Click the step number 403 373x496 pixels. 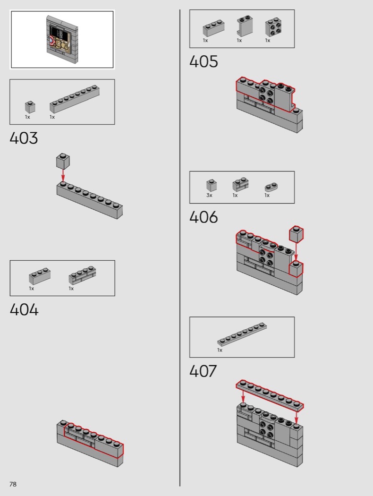coord(24,138)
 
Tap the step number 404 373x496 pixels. coord(24,310)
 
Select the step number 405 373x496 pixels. coord(203,61)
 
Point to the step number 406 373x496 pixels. coord(203,217)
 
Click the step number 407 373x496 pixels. coord(203,371)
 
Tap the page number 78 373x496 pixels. coord(13,484)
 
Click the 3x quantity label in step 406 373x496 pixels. coord(209,195)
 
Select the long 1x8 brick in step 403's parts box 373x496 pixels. coord(75,98)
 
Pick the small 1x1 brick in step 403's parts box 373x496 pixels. coord(30,107)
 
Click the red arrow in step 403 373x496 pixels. coord(63,175)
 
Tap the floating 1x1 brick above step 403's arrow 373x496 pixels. coord(63,161)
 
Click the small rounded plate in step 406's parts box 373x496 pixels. coord(271,187)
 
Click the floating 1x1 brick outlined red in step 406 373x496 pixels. coord(296,234)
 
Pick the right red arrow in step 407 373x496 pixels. coord(296,416)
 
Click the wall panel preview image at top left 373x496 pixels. coord(62,40)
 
